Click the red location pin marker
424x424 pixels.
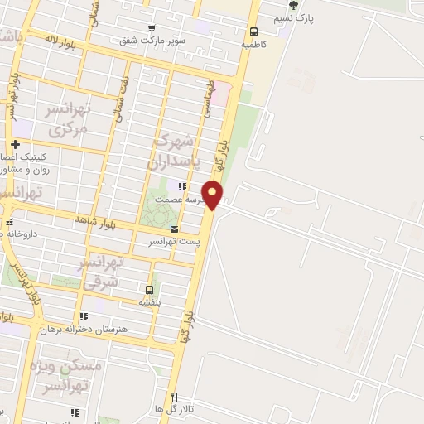point(213,195)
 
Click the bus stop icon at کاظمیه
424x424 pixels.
point(253,31)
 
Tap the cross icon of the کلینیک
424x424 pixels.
point(16,145)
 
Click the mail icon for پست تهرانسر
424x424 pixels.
point(174,229)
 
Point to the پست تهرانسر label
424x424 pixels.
point(173,241)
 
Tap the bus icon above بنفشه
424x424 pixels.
point(149,290)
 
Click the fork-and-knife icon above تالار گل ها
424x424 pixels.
point(174,397)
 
